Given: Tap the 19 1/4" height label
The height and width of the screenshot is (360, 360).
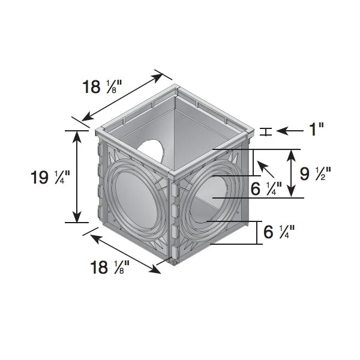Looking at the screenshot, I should point(51,178).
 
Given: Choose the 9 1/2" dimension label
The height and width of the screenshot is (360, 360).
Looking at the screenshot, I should point(316,174).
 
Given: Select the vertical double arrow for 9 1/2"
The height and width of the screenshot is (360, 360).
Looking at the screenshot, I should point(292,173).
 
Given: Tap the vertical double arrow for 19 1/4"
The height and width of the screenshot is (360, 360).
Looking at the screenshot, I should point(77,176).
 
